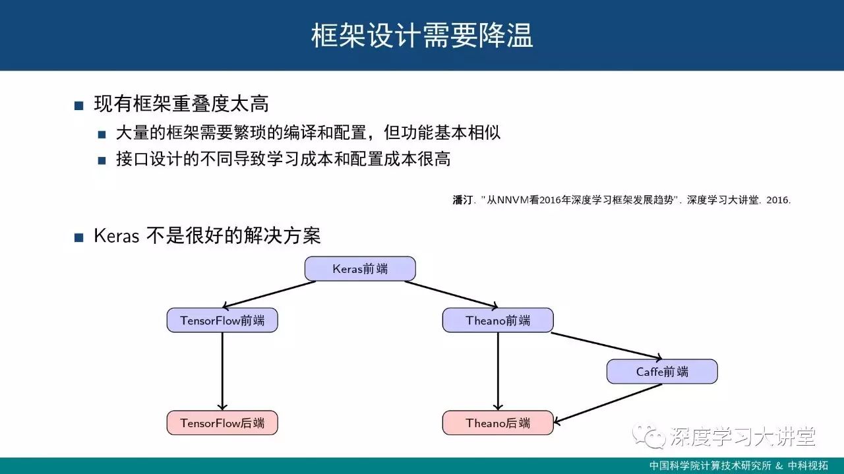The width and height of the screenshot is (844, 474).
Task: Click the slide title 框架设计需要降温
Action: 422,36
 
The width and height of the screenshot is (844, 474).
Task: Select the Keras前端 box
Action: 360,269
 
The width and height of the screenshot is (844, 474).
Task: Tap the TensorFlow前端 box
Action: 222,320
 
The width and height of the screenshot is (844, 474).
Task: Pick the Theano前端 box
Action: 498,320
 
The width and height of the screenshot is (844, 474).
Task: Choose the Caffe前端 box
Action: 662,372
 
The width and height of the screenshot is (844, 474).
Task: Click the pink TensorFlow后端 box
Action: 222,423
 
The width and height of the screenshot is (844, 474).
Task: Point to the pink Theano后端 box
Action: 498,423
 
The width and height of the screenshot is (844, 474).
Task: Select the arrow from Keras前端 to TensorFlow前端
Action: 270,295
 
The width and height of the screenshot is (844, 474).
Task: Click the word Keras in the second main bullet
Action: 116,236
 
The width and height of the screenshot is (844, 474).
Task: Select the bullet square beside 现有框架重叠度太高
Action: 79,105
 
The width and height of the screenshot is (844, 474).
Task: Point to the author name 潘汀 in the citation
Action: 462,200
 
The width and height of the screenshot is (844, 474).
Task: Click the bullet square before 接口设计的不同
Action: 102,160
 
